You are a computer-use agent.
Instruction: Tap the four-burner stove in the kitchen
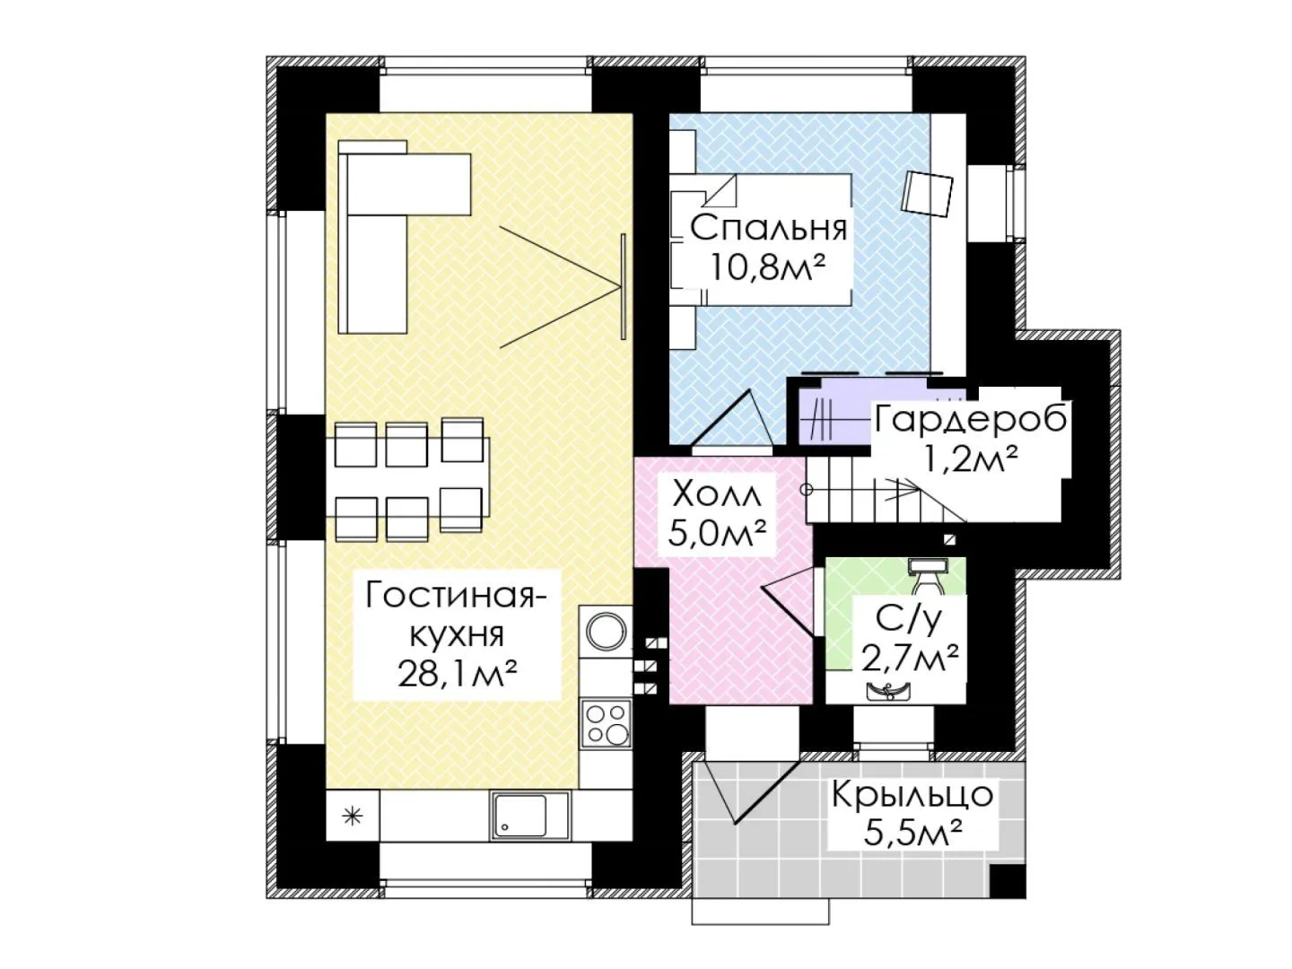pos(606,723)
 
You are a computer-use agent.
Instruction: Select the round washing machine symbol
pos(605,631)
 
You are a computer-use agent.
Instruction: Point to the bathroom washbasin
pos(888,692)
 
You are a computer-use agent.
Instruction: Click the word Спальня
pos(768,228)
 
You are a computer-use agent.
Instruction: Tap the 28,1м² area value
pos(458,674)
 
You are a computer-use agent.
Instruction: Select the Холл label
pos(715,494)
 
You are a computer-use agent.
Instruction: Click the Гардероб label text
pos(971,419)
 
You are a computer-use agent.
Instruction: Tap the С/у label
pos(908,620)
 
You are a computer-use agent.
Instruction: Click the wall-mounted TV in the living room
pos(623,286)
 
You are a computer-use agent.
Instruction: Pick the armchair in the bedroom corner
pos(928,194)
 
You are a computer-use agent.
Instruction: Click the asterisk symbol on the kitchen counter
pos(353,816)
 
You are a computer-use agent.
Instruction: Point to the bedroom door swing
pos(731,420)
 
